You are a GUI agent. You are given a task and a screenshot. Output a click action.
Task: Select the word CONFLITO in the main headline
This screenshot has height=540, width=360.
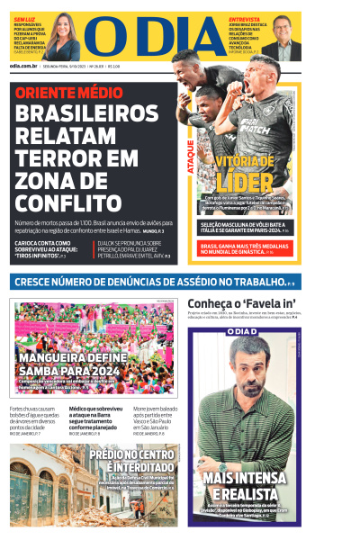74,202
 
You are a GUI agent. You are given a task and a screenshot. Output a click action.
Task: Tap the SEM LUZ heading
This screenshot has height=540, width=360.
24,19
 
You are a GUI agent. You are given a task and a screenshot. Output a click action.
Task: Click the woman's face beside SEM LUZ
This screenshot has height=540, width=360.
67,40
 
